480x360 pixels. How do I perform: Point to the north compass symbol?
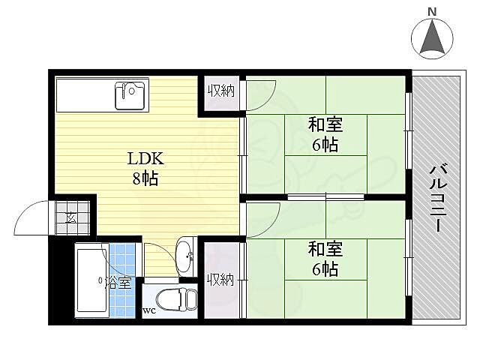tap(432, 38)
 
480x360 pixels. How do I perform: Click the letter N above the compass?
tap(432, 11)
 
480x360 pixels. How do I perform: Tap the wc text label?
tap(149, 310)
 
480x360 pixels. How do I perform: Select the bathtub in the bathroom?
tap(91, 280)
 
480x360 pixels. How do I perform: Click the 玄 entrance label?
tap(70, 218)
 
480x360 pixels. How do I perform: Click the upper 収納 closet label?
tap(220, 91)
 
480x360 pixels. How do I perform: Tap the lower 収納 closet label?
tap(220, 280)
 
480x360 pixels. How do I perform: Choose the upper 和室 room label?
tap(325, 124)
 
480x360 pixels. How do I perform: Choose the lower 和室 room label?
tap(325, 248)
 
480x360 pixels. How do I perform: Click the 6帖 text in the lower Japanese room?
tap(325, 268)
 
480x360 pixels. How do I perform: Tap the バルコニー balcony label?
tap(438, 197)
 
